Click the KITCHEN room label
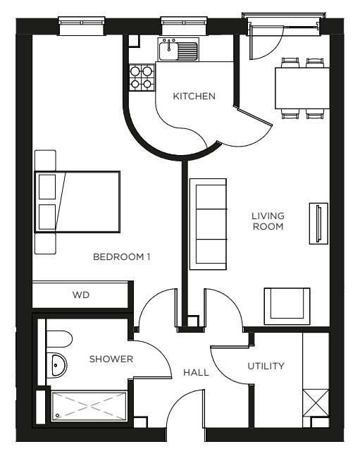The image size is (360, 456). pos(194,97)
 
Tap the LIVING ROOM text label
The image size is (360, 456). pos(268,221)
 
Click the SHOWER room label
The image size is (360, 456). pos(111,359)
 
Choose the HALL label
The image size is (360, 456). pos(196,372)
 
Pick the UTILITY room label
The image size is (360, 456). pos(266,366)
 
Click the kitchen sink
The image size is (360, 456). pos(178,51)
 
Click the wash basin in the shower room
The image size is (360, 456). pos(56,365)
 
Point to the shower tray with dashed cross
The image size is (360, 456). pos(88,408)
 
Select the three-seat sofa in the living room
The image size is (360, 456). pos(209,223)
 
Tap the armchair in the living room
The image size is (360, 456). pos(286,305)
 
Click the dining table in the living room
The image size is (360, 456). pos(302,88)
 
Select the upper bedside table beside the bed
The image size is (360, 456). pos(45,160)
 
